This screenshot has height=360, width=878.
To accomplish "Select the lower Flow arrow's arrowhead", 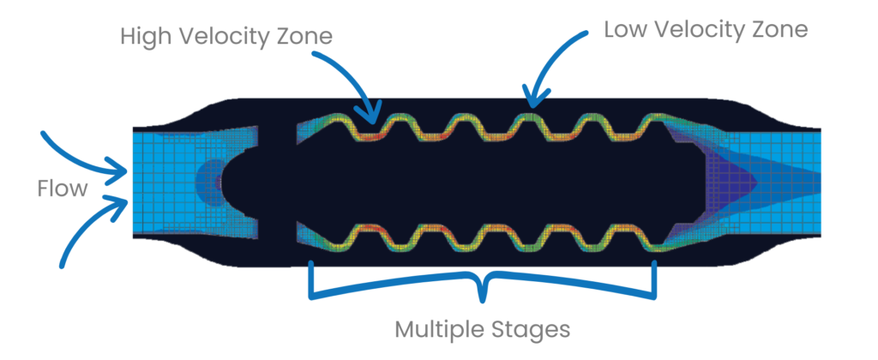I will point(123,200).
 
